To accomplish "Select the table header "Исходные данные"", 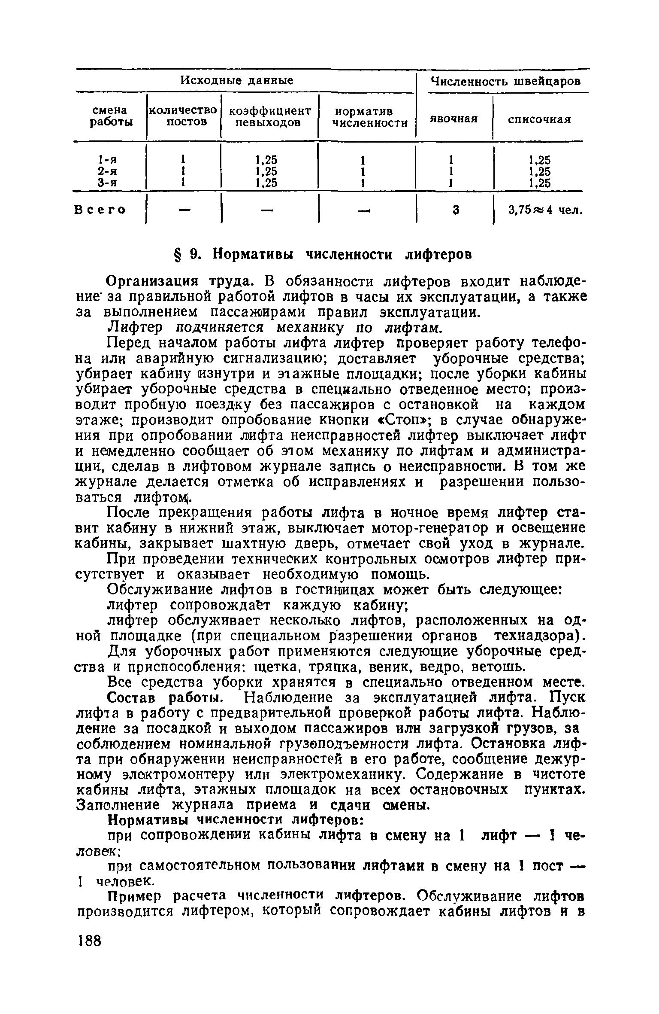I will point(236,80).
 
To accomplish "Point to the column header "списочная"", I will point(539,119).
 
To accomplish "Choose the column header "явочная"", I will point(454,119).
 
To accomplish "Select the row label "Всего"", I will point(100,210).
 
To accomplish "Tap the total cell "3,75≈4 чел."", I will point(545,210).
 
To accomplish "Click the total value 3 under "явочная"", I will point(456,210).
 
